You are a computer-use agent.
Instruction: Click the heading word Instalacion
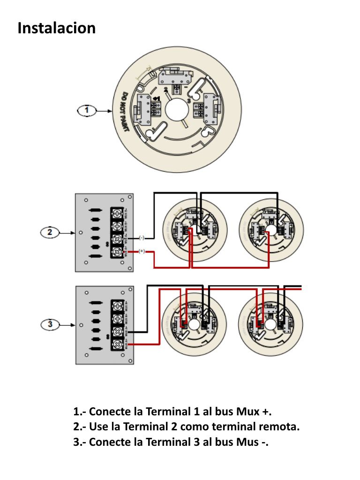[56, 28]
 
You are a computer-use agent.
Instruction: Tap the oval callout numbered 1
[86, 111]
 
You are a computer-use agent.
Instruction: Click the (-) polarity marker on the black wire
[142, 238]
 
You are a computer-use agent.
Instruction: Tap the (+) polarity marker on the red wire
[142, 252]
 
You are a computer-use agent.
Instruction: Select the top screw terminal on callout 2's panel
[116, 213]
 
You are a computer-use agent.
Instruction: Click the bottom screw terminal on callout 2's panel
[116, 252]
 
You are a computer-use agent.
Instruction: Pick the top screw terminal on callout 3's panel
[116, 306]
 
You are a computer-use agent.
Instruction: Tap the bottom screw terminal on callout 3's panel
[116, 345]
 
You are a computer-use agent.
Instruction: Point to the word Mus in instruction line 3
[243, 442]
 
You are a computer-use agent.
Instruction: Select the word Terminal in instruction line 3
[166, 442]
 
